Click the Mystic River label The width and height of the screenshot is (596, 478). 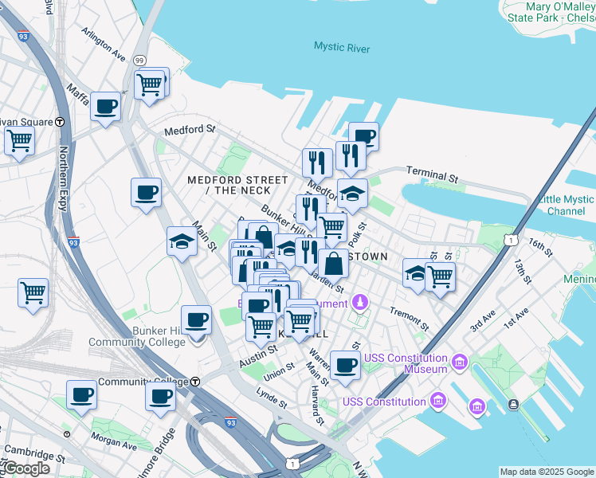(342, 48)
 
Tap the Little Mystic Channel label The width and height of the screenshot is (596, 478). (566, 206)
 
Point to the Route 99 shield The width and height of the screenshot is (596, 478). (140, 61)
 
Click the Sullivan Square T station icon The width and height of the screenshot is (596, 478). (60, 122)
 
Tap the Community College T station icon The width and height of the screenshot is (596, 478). (194, 382)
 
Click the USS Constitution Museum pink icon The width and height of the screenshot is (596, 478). (459, 363)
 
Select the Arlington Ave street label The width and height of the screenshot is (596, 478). (104, 45)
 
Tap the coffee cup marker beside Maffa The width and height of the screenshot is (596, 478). (105, 107)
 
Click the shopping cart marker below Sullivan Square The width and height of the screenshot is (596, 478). (20, 142)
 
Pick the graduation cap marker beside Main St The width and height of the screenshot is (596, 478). (182, 241)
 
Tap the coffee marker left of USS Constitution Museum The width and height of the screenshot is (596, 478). (345, 366)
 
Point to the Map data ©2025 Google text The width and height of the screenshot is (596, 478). (547, 472)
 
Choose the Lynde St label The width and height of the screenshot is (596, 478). (271, 397)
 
